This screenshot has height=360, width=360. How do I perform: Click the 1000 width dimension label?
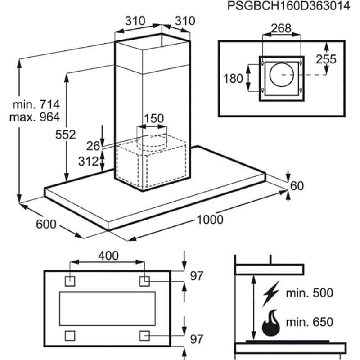(210, 219)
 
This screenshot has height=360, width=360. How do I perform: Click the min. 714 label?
(36, 105)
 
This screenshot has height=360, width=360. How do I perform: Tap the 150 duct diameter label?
(153, 119)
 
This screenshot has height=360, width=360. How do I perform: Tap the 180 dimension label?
(234, 78)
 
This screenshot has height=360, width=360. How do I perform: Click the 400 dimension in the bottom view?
(108, 256)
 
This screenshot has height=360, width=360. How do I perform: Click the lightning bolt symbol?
(271, 294)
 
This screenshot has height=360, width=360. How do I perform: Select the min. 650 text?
(310, 322)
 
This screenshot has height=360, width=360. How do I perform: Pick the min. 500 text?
(310, 293)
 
